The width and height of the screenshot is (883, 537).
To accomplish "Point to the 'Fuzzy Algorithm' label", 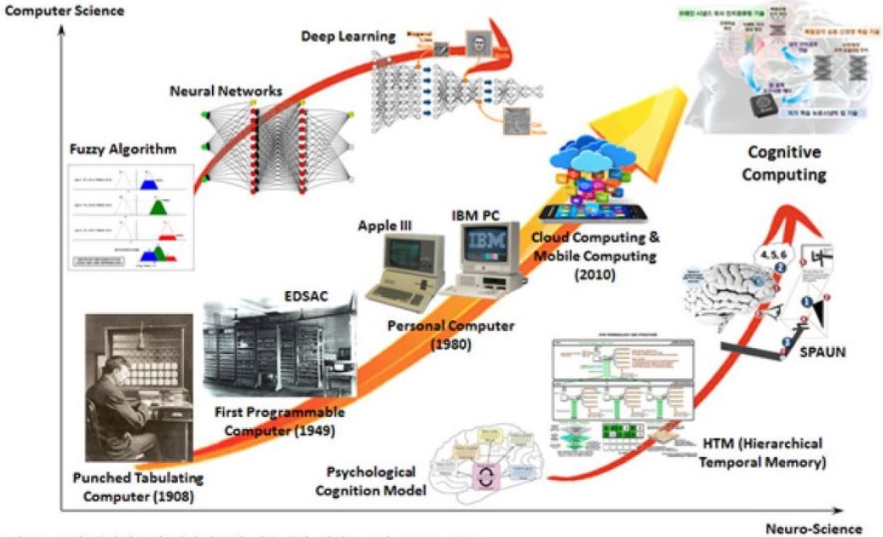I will (123, 149).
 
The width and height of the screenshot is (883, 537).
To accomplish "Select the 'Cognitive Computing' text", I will (784, 163).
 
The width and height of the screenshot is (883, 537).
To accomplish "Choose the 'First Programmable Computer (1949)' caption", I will (280, 420).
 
